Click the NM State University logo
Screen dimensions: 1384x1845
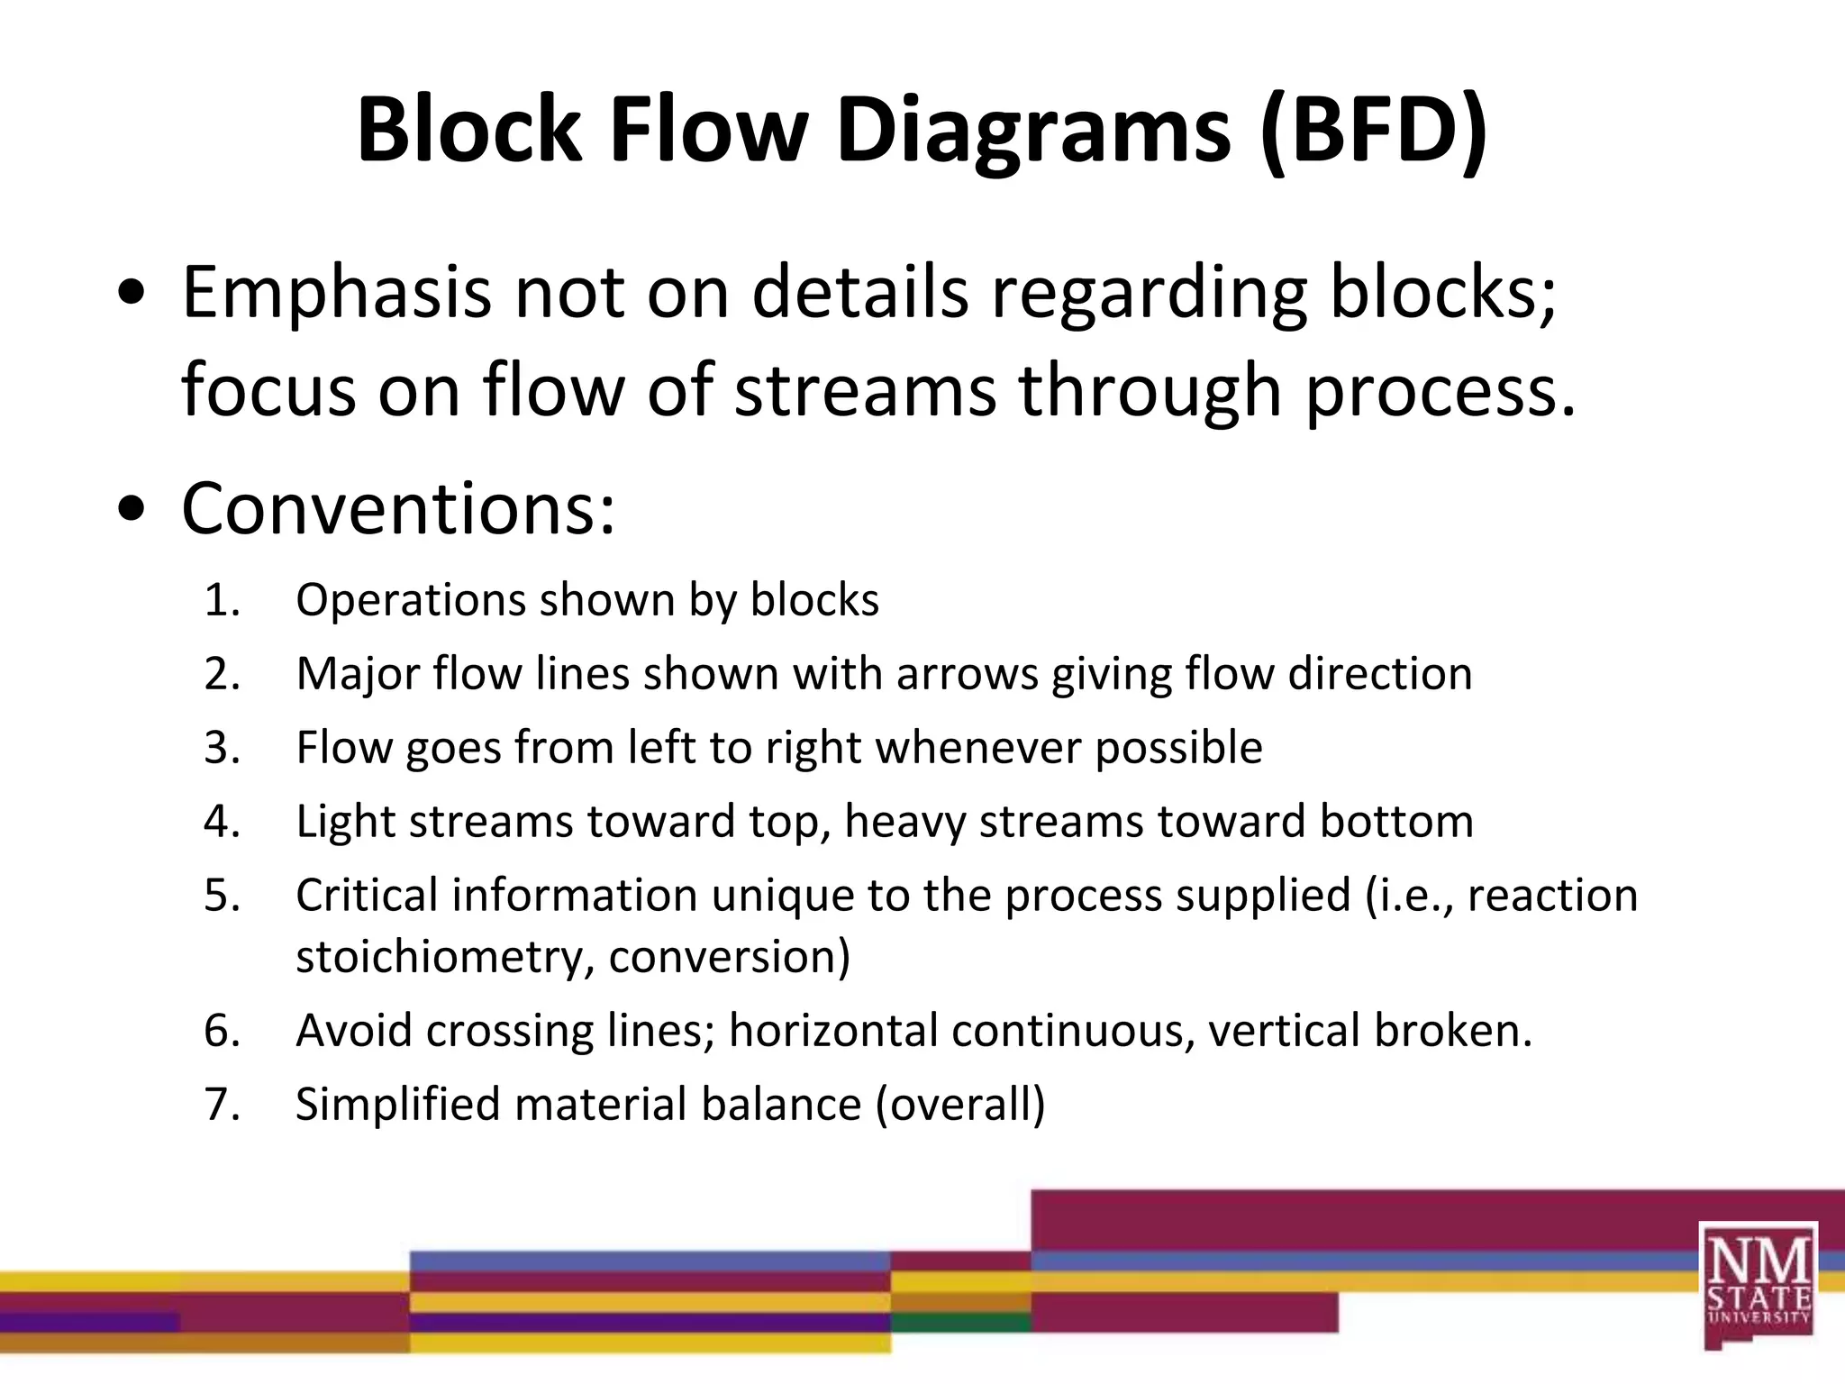pos(1758,1284)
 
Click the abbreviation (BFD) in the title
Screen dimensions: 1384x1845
pos(1373,132)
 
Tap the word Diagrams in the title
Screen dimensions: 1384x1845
pos(1032,132)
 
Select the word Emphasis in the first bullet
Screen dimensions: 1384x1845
pos(336,294)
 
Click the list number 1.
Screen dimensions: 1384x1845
pos(222,601)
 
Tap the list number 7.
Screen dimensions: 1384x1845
pos(222,1106)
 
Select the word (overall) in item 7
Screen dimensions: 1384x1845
pos(960,1106)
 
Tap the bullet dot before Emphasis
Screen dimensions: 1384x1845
pos(132,295)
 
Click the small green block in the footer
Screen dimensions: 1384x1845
pos(960,1323)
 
